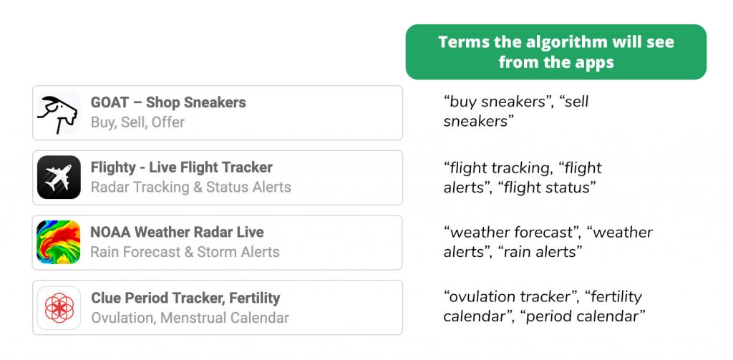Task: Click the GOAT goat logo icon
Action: pyautogui.click(x=59, y=112)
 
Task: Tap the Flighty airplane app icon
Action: pyautogui.click(x=59, y=177)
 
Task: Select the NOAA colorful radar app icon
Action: pyautogui.click(x=59, y=242)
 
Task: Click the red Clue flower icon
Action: pyautogui.click(x=59, y=308)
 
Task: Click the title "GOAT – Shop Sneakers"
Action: pyautogui.click(x=168, y=102)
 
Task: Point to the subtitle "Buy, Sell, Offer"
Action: pyautogui.click(x=137, y=122)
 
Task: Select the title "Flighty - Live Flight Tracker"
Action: pyautogui.click(x=181, y=167)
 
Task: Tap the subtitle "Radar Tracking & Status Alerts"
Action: pyautogui.click(x=190, y=187)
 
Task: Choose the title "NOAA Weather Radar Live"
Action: pyautogui.click(x=178, y=232)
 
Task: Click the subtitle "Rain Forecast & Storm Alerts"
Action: pyautogui.click(x=185, y=252)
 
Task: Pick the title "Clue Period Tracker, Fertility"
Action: pyautogui.click(x=185, y=298)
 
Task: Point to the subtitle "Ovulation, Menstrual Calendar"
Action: pyautogui.click(x=190, y=318)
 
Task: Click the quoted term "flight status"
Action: pyautogui.click(x=547, y=188)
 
